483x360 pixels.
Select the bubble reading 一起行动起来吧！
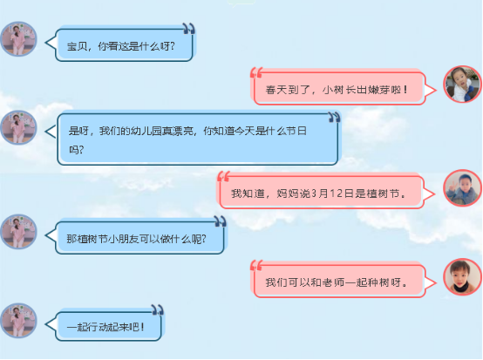[105, 325]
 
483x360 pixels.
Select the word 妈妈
[288, 194]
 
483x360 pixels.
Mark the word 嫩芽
[380, 90]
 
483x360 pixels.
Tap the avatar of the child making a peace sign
[462, 188]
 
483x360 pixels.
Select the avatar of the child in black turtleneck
[462, 276]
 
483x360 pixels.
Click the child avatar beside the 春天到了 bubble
[462, 84]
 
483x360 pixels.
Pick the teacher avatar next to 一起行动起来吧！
[18, 320]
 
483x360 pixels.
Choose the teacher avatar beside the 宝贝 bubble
[18, 39]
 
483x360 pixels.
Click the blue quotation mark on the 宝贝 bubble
[188, 28]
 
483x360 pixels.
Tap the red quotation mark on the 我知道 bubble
[223, 177]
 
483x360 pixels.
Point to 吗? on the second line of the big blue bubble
[76, 150]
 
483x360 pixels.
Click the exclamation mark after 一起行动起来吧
[142, 326]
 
